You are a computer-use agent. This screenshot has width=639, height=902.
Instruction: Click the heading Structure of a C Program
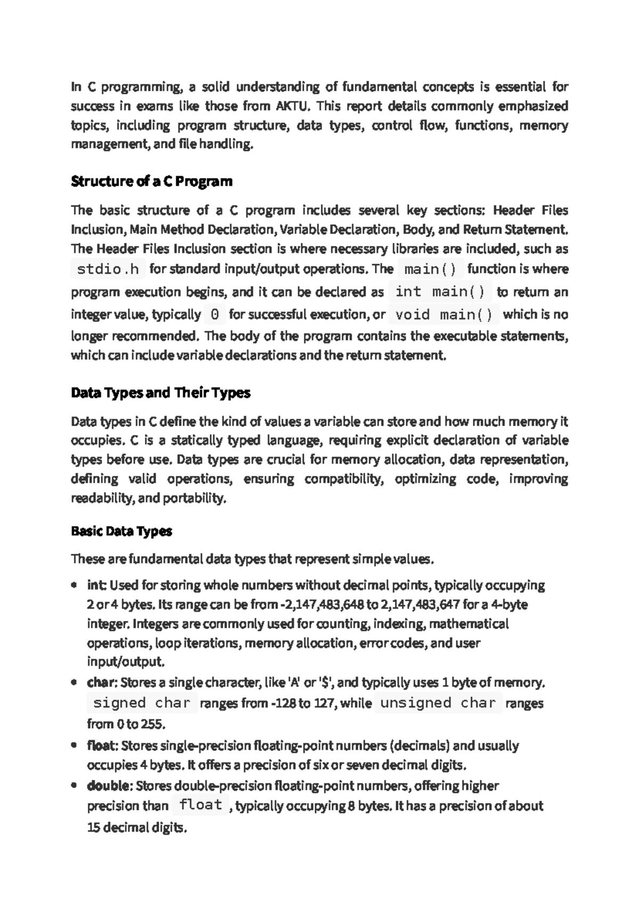[152, 182]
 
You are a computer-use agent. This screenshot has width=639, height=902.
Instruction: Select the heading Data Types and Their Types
[160, 393]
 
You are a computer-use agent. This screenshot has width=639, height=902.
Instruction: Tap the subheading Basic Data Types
[121, 531]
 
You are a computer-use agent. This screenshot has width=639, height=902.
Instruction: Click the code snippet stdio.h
[108, 269]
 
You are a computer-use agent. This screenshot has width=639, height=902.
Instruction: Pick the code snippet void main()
[444, 315]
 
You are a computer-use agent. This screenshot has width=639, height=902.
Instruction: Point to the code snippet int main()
[440, 292]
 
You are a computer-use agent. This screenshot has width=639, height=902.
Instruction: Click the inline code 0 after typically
[215, 315]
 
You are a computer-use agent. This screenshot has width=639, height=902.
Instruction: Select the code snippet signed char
[142, 703]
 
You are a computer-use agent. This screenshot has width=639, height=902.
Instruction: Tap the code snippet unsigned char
[438, 703]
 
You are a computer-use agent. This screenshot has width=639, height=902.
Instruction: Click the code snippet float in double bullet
[200, 805]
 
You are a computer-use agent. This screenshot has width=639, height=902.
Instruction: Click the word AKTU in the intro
[292, 106]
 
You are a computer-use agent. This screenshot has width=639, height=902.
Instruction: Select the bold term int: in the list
[96, 586]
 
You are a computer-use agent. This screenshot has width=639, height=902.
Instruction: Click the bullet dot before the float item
[74, 745]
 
